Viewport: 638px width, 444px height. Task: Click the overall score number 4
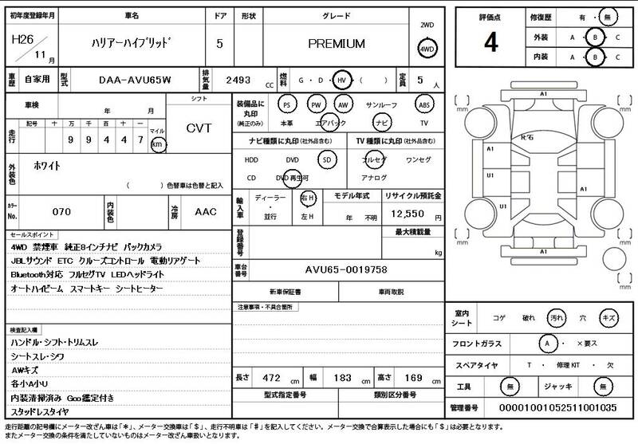[x=490, y=43]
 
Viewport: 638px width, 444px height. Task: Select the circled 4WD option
[x=427, y=49]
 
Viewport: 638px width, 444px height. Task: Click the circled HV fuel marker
[x=341, y=81]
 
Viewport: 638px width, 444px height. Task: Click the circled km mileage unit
[x=159, y=144]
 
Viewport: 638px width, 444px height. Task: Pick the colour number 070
[x=62, y=213]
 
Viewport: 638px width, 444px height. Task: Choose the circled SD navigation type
[x=325, y=159]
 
